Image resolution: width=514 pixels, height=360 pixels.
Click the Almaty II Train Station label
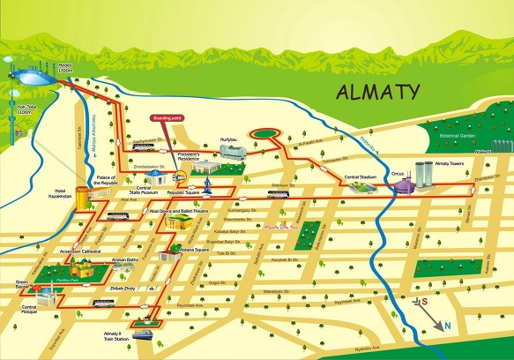click(x=115, y=336)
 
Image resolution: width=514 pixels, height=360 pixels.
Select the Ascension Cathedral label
click(x=57, y=251)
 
